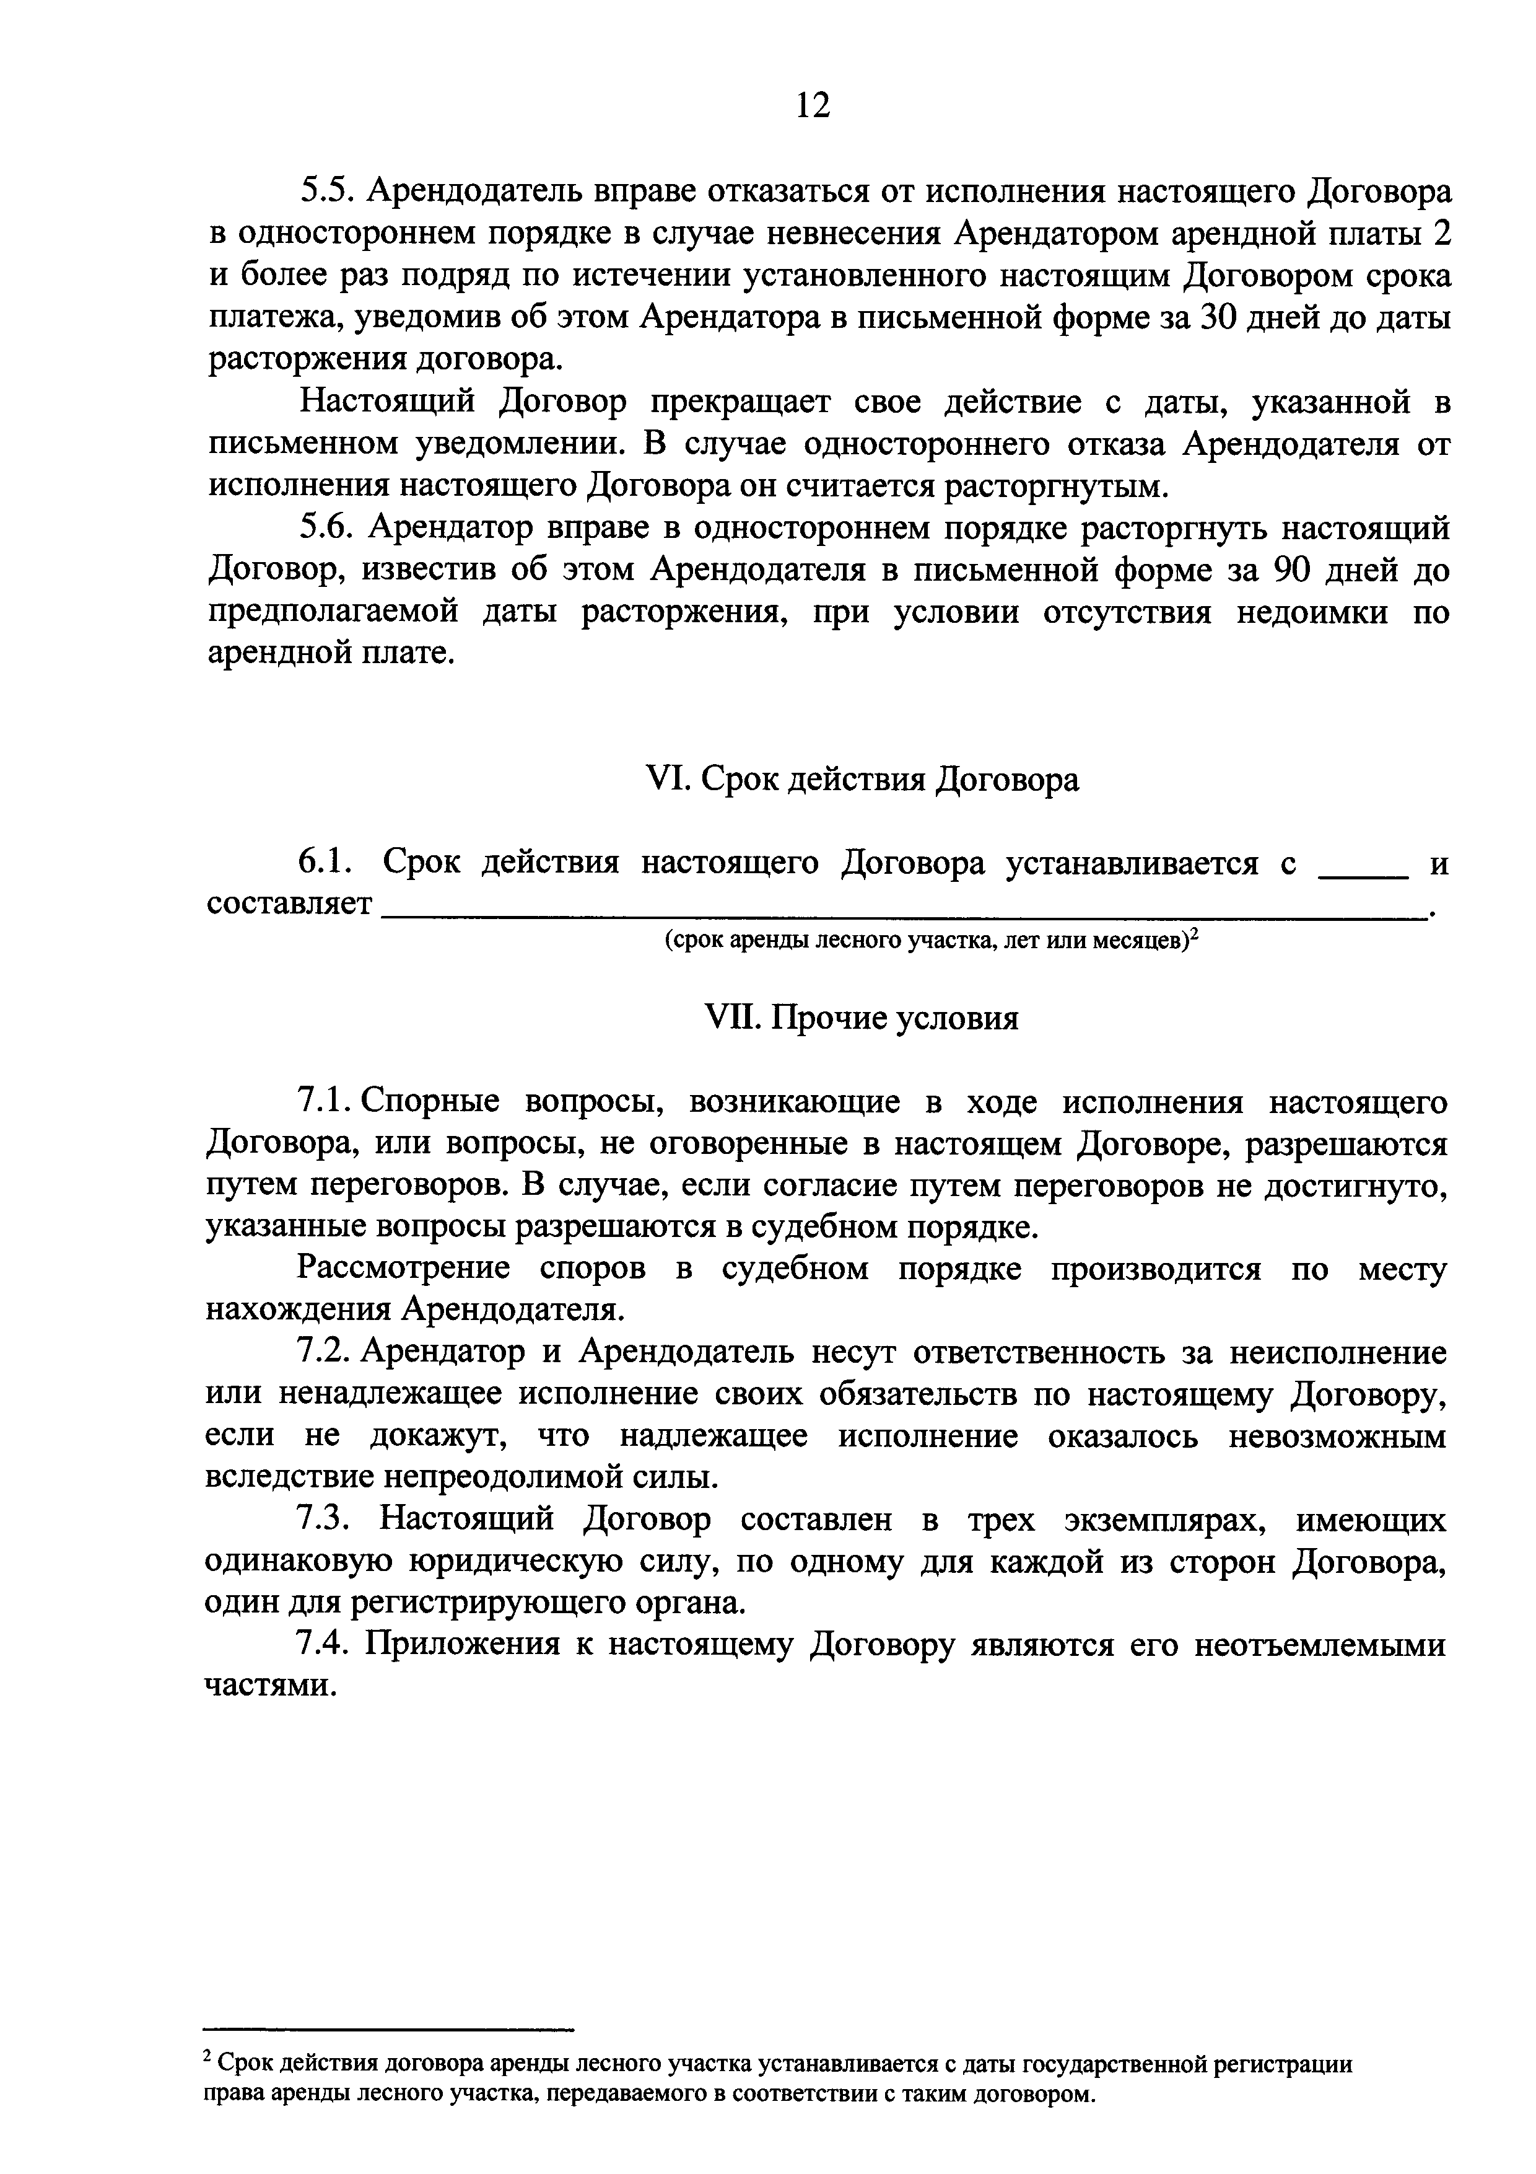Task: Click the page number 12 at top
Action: tap(813, 105)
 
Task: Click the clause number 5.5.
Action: tap(324, 192)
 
